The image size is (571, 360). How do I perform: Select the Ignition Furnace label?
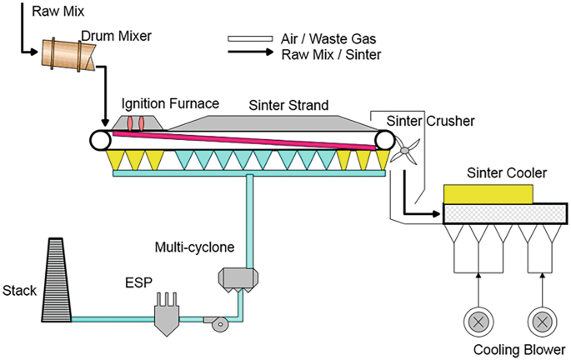coord(170,104)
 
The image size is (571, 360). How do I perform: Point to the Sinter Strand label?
coord(288,105)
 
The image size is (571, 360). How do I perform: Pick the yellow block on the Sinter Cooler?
coord(488,193)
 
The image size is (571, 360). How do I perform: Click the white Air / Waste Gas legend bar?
coord(249,38)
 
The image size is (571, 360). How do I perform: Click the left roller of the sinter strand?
coord(103,139)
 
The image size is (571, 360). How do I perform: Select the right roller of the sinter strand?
coord(385,139)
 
